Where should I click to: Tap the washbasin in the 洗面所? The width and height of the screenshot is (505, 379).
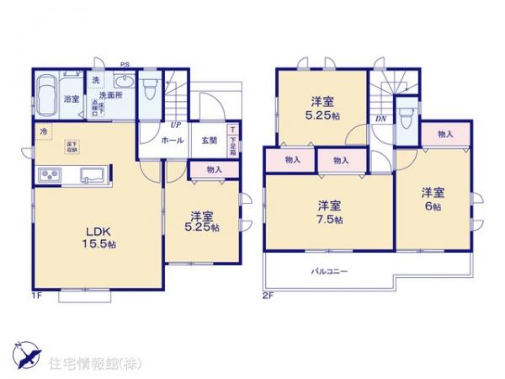[123, 81]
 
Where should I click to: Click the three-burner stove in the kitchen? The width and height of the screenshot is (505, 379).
[49, 176]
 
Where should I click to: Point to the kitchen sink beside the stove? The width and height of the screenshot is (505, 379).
[91, 176]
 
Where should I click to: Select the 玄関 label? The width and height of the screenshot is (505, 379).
[208, 141]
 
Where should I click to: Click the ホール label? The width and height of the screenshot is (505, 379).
[173, 141]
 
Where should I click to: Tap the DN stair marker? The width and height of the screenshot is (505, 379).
[380, 118]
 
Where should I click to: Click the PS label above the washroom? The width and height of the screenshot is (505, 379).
[124, 65]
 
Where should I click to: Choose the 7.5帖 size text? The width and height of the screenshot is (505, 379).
[330, 221]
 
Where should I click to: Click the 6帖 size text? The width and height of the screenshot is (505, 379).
[433, 206]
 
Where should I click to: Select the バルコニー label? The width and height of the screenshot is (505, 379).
[330, 271]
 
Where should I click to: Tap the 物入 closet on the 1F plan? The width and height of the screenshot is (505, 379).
[214, 170]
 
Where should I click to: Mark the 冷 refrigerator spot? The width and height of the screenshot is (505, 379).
[43, 131]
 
